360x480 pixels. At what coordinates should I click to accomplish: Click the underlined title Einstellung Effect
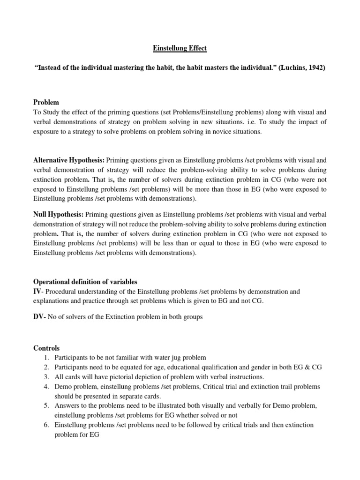(180, 48)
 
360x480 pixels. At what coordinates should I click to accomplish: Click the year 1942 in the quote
(315, 67)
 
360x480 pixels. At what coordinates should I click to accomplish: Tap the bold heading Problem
(46, 102)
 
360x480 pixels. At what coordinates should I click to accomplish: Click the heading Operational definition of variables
(85, 282)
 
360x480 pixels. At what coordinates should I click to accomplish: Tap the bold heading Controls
(46, 348)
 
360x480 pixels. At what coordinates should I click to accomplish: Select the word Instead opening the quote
(49, 67)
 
